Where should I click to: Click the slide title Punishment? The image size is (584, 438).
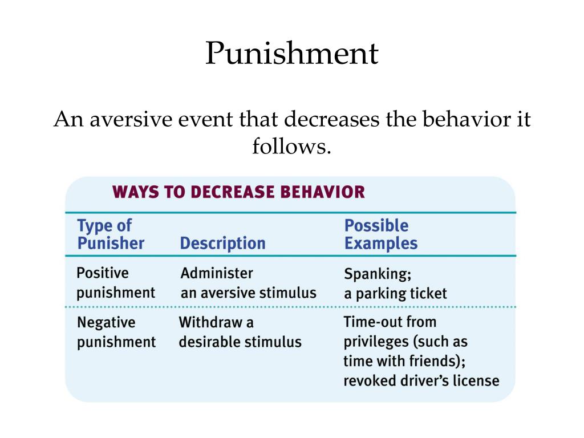[292, 53]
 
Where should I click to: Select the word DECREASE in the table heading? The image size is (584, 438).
[233, 192]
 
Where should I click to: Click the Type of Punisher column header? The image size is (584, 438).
[111, 234]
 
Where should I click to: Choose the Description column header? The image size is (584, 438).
[223, 243]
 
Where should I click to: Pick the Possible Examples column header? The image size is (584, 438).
[380, 234]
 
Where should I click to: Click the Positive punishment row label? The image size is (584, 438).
[115, 283]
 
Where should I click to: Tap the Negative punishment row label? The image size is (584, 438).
[116, 332]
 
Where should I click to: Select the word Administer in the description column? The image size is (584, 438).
[217, 273]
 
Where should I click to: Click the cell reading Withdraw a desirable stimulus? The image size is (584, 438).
[240, 332]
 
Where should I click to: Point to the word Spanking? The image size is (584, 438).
[378, 274]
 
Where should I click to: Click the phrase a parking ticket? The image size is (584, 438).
[395, 294]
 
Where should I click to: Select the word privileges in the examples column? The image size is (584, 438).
[376, 342]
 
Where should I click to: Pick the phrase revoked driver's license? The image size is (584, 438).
[421, 380]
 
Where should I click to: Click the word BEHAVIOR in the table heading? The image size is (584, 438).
[323, 192]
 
